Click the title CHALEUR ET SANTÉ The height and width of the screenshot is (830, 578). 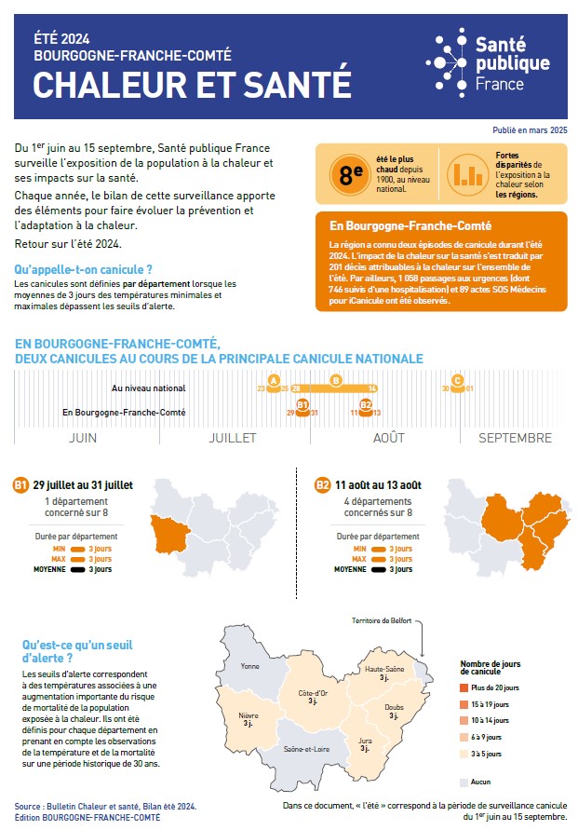coord(192,84)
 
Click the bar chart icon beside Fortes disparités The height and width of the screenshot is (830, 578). coord(468,173)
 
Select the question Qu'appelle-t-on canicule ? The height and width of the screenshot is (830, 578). coord(84,269)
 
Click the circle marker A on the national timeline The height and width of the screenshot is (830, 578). coord(274,380)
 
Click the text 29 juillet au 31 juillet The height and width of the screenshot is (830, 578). coord(83,485)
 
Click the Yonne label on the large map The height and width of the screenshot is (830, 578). coord(250,666)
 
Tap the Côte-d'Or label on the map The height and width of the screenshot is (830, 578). coord(313,693)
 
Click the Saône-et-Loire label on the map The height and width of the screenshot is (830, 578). coord(307,749)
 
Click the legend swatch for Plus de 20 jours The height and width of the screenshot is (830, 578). coord(464,687)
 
